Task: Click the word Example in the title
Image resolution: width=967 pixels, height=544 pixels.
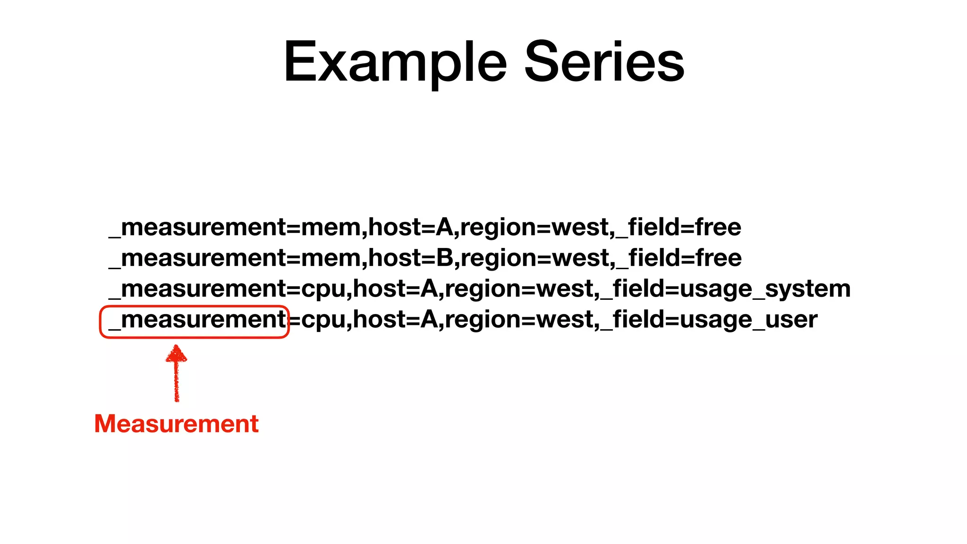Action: pos(395,62)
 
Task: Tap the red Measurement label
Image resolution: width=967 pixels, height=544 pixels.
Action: pos(176,424)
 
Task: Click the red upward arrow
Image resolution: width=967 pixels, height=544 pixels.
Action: pos(176,373)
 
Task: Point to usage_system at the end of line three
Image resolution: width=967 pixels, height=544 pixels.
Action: pos(765,289)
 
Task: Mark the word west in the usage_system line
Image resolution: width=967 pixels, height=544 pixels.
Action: pos(565,289)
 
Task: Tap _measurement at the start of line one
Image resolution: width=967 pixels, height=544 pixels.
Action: pos(197,228)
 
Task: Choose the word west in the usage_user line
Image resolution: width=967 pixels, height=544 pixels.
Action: pos(565,320)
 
